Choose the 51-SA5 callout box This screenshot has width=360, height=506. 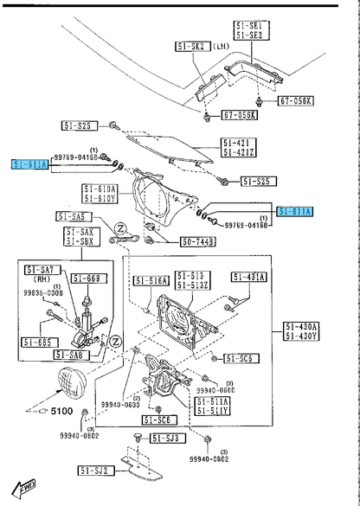[x=75, y=216]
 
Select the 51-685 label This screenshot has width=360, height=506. [x=40, y=343]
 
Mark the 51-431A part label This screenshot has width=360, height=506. [x=249, y=277]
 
